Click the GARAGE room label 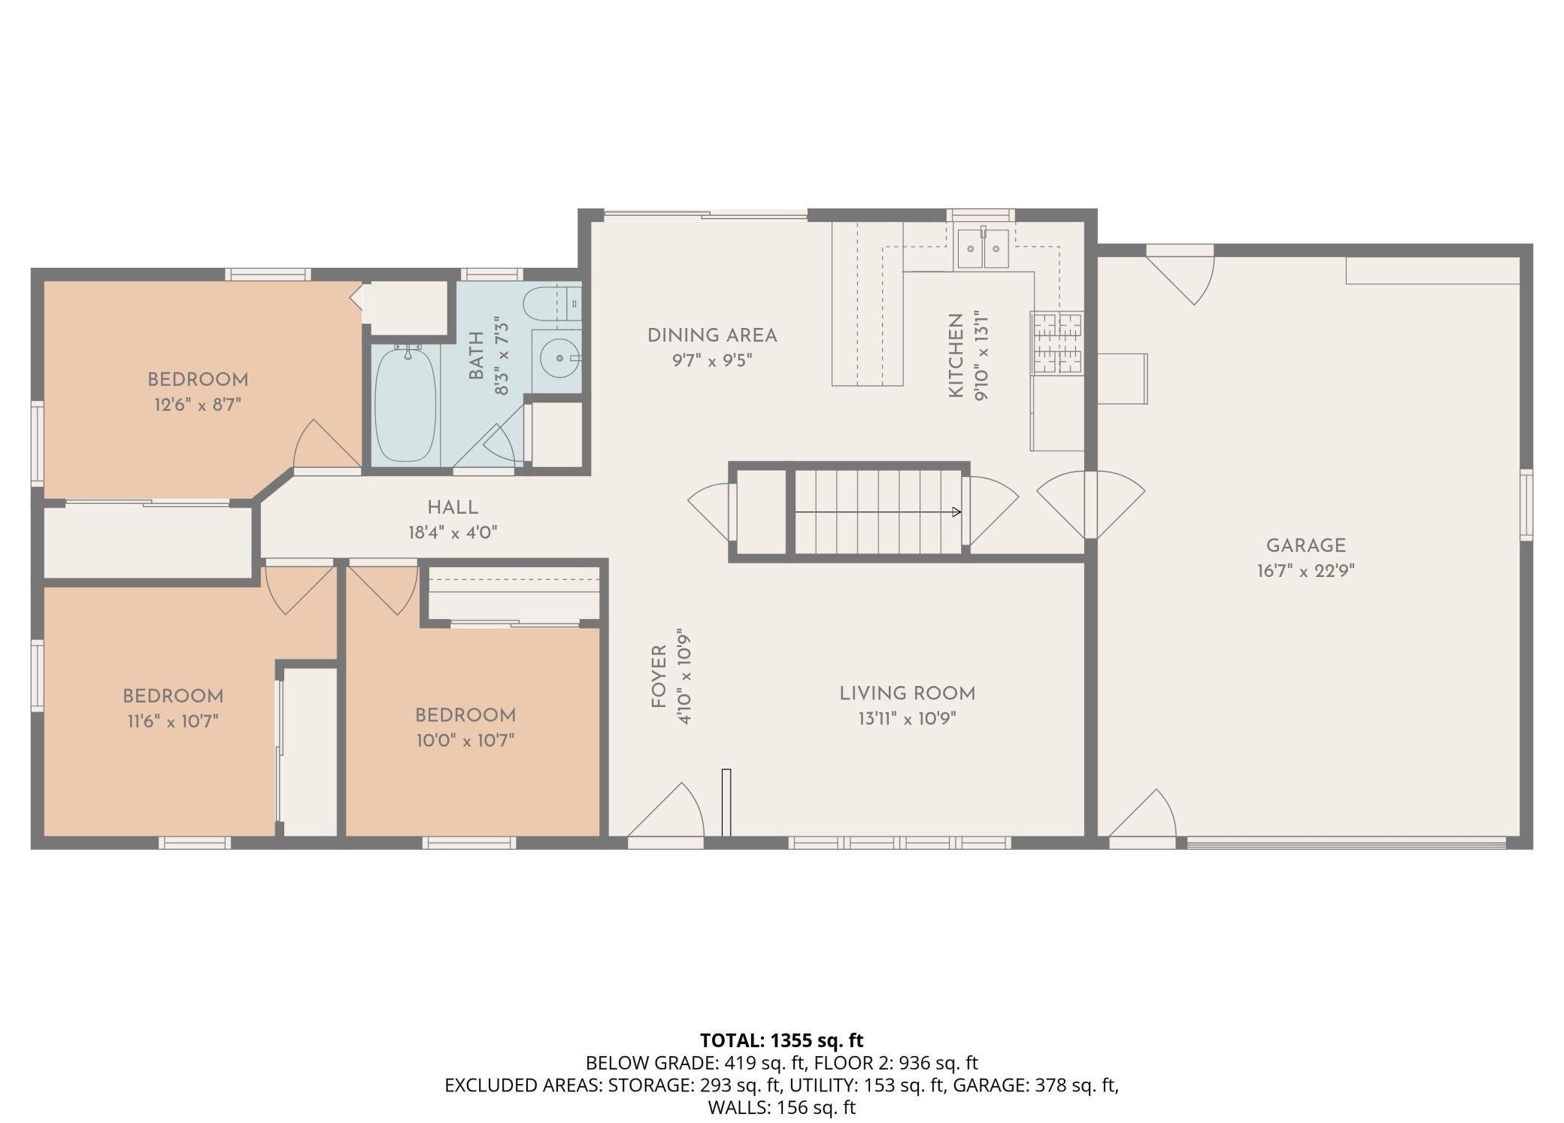point(1305,545)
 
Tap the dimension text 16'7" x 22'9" point(1305,571)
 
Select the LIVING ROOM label point(907,694)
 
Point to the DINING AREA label point(712,335)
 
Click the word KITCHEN point(956,356)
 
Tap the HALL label point(453,508)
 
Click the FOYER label point(659,677)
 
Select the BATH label point(476,356)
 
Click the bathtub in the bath point(405,404)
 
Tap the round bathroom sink point(559,359)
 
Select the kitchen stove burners point(1057,343)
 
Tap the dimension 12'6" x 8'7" point(198,405)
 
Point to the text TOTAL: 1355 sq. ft point(782,1040)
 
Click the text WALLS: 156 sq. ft point(782,1107)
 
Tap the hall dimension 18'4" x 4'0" point(453,533)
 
